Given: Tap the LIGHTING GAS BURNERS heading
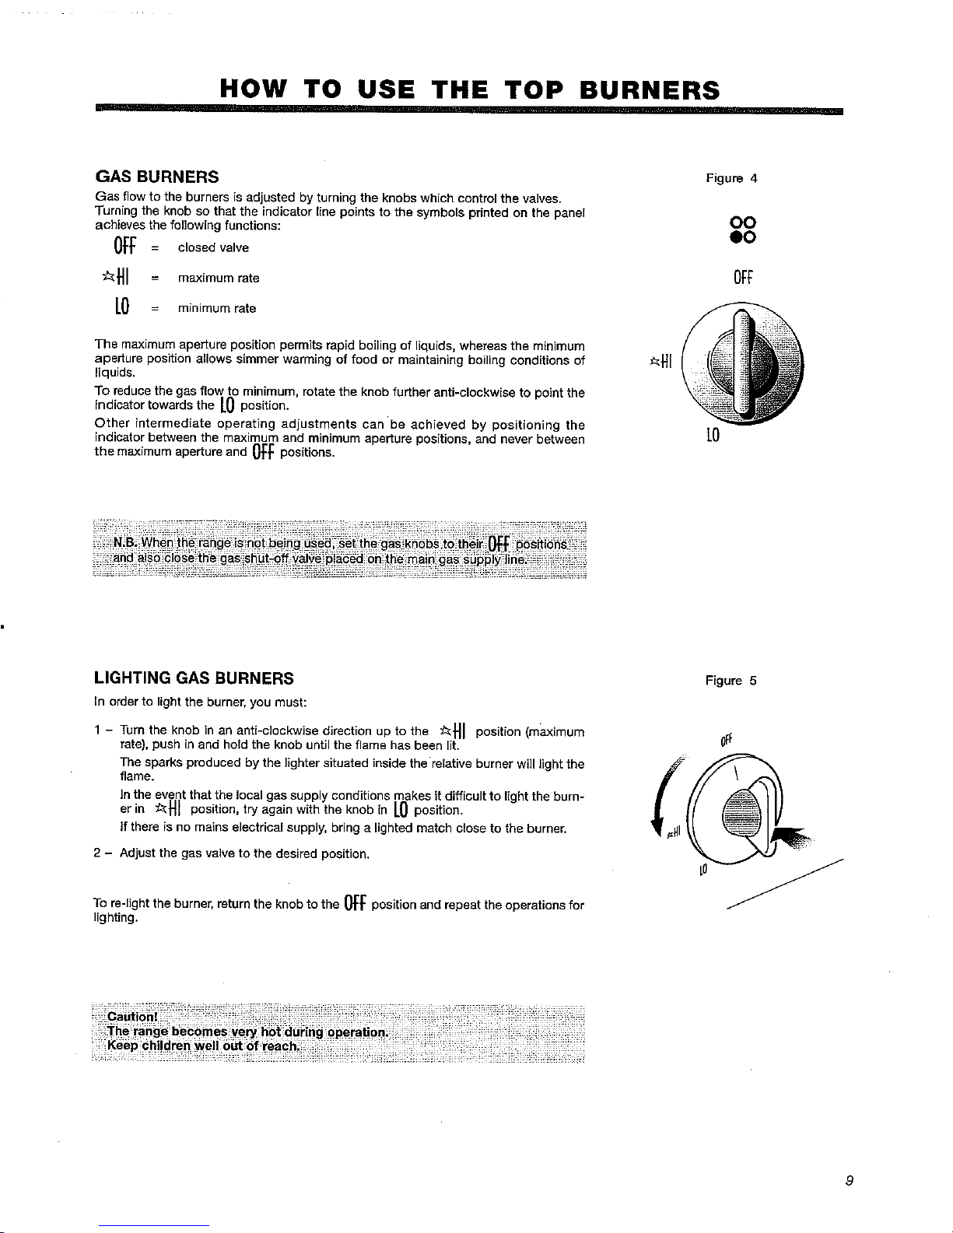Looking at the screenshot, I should (x=194, y=678).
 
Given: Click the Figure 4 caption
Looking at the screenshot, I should (x=731, y=178).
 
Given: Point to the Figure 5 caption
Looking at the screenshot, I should (x=731, y=681).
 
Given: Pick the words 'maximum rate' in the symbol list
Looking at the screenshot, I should (x=219, y=278).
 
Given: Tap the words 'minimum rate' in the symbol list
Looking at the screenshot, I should (x=217, y=308).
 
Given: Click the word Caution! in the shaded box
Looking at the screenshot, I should (x=133, y=1016).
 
